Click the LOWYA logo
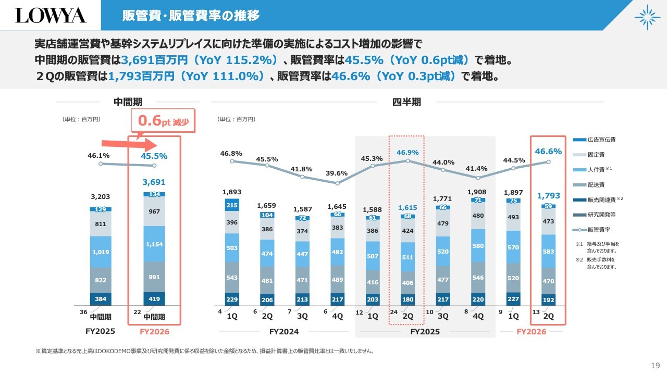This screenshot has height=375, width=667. point(51,15)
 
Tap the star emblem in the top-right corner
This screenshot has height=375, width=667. point(647,17)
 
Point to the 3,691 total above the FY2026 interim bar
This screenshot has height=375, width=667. point(154,182)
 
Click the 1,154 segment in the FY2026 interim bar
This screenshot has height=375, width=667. point(154,244)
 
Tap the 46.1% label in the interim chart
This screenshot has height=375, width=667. point(98,155)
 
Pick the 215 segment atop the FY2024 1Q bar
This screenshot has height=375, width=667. point(232,205)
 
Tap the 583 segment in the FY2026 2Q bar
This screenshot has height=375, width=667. point(549,251)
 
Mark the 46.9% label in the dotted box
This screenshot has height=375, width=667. point(407,153)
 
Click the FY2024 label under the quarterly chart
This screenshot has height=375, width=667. point(284,331)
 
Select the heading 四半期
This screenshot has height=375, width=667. point(406,102)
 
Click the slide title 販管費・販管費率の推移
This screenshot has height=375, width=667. point(191,16)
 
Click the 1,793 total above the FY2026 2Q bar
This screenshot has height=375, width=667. point(549,196)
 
